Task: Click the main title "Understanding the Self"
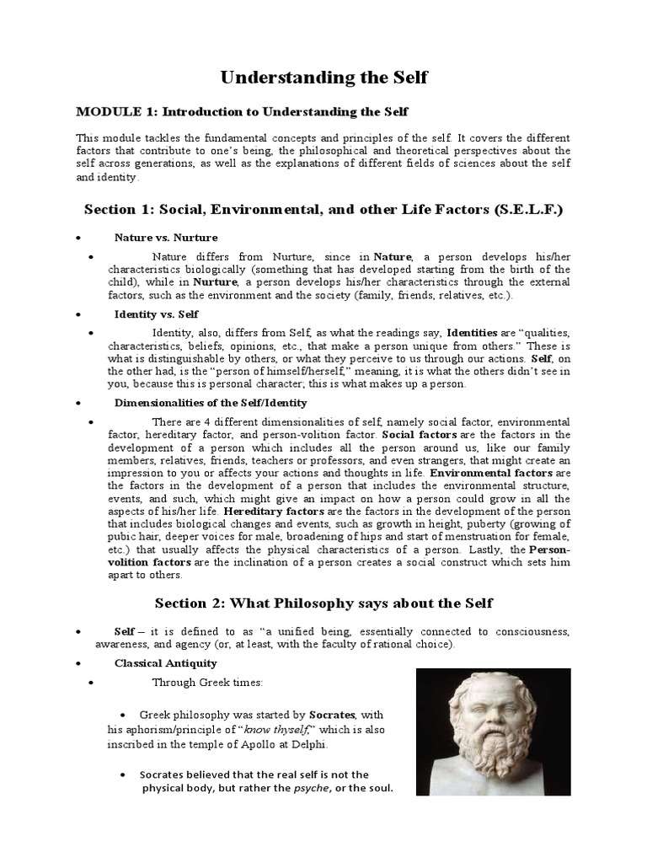coord(323,78)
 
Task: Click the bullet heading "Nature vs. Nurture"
coord(166,237)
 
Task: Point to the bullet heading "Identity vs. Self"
coord(158,314)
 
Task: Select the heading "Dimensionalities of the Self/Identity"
coord(211,403)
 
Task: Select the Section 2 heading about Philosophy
coord(323,603)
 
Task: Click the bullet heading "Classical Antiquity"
coord(166,663)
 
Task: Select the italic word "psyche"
coord(309,789)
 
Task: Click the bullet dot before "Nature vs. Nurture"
coord(78,238)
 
